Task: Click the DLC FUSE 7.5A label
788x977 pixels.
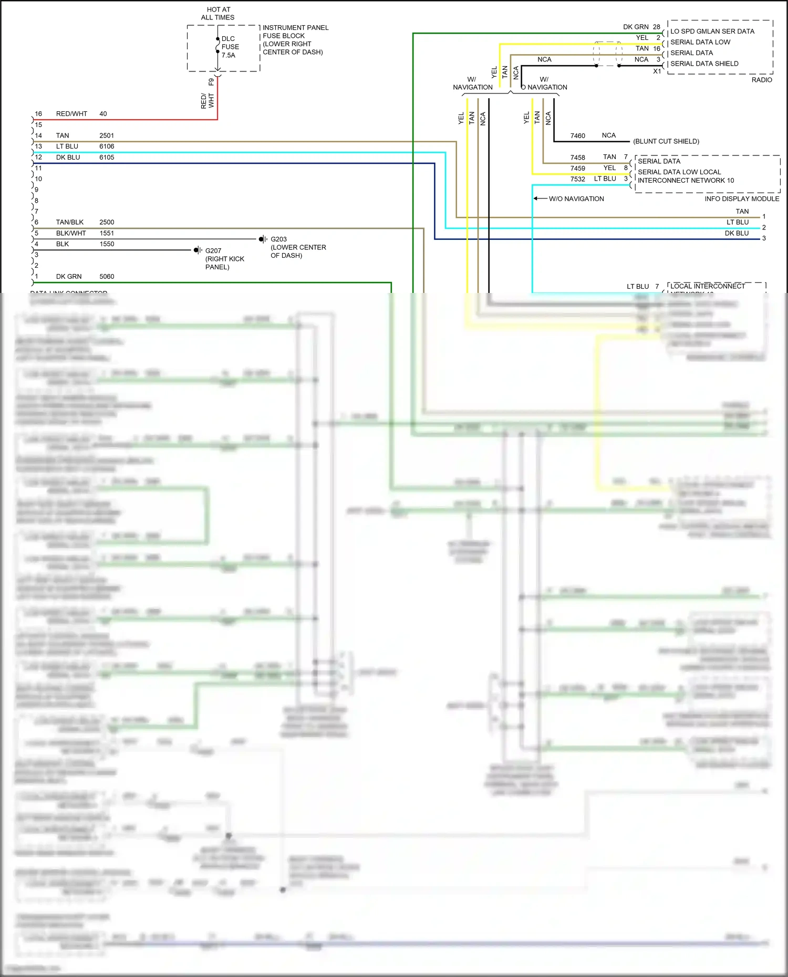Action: click(x=230, y=47)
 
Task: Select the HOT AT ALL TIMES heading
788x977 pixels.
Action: click(x=218, y=14)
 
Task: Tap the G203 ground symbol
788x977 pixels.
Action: click(x=263, y=239)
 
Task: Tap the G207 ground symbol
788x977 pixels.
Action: click(x=198, y=250)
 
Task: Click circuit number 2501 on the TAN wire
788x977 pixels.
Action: click(x=107, y=135)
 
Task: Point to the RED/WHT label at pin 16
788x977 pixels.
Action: click(x=71, y=114)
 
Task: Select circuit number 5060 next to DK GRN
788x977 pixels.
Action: click(x=107, y=277)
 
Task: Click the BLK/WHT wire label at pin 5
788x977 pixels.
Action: click(x=71, y=233)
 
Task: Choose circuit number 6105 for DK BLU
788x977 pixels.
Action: click(x=107, y=157)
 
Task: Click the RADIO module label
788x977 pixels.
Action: click(x=762, y=80)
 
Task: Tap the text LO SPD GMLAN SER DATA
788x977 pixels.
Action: click(x=712, y=31)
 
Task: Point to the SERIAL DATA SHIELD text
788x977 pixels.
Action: click(x=704, y=64)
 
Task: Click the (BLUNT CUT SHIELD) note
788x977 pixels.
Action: click(x=666, y=141)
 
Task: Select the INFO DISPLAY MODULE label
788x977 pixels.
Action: click(x=742, y=199)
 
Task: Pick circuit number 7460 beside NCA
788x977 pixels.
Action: click(x=577, y=136)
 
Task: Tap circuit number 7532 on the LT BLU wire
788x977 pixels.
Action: click(x=577, y=179)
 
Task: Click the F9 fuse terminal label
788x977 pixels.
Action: click(x=211, y=82)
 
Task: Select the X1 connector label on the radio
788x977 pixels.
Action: click(x=657, y=71)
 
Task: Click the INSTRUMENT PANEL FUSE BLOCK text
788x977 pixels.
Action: click(x=295, y=31)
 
